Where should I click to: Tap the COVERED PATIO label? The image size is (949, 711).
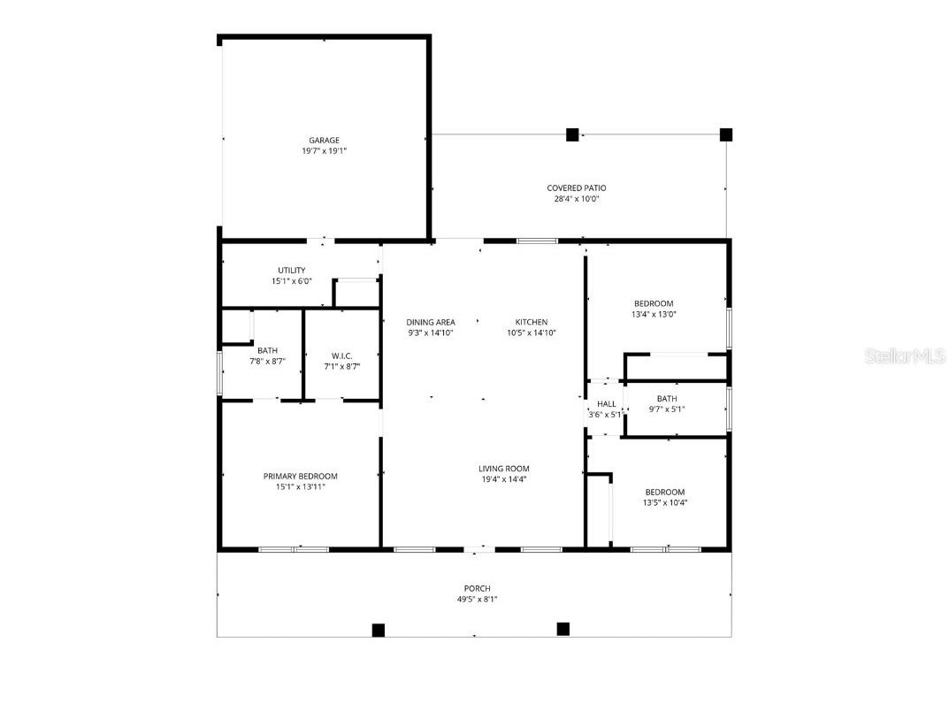pos(576,188)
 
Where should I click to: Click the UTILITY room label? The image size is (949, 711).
pos(291,271)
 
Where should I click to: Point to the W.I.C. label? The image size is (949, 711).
pos(341,355)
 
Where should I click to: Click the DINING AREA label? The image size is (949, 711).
pos(431,322)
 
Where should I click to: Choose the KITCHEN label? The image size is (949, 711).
pos(532,322)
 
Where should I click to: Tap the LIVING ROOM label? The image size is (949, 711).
pos(504,469)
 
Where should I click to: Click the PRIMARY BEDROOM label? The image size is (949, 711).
pos(300,477)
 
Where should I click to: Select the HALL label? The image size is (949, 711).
pos(607,404)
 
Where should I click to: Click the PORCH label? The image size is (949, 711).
pos(477,589)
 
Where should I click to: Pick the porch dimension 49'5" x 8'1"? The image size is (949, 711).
pos(477,600)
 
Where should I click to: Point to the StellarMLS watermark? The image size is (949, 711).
pos(904,356)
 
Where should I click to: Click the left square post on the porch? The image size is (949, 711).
pos(378,631)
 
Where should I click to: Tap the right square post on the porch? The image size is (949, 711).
pos(563,630)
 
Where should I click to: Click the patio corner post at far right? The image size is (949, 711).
pos(726,135)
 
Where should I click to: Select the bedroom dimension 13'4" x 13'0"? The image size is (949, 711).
pos(653,314)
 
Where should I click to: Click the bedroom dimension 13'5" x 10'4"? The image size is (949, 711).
pos(664,503)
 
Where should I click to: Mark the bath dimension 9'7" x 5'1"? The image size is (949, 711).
pos(666,409)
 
